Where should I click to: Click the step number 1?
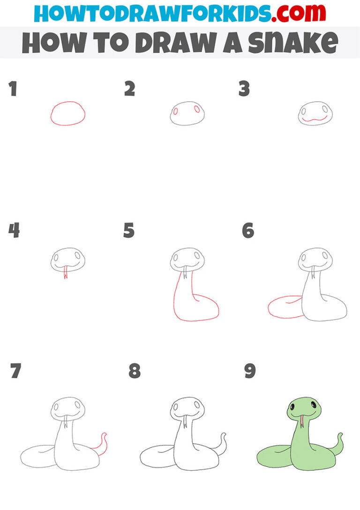(13, 89)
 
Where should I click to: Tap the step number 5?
(129, 231)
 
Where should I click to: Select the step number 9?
(250, 372)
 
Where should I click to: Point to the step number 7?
(15, 372)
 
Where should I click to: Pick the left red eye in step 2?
(176, 112)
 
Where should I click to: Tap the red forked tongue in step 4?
(65, 273)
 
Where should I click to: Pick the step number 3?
(244, 89)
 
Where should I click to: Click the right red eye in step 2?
(197, 109)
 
